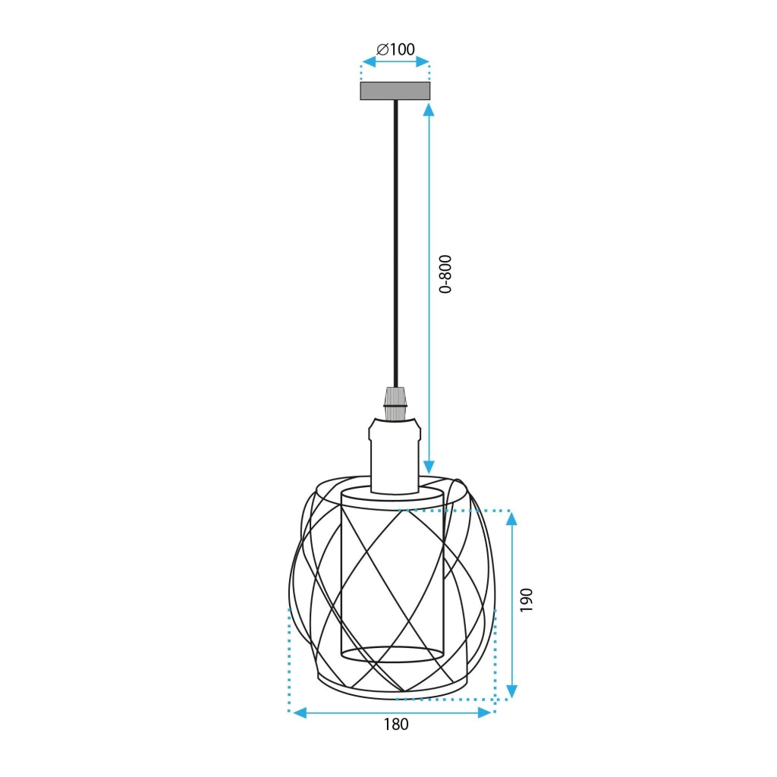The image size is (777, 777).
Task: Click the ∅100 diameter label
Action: coord(396,49)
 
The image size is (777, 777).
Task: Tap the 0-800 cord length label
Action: coord(446,274)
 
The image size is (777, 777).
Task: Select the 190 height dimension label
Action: coord(527,599)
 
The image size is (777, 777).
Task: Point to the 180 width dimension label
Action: coord(395,724)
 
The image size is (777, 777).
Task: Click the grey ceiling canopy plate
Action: coord(395,90)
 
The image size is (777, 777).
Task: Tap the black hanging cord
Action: coord(395,243)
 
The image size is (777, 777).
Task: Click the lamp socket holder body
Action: coord(395,455)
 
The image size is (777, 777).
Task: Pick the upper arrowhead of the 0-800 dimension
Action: coord(429,109)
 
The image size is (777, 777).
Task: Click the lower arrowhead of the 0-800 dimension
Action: coord(429,466)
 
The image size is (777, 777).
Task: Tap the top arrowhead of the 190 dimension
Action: coord(511,519)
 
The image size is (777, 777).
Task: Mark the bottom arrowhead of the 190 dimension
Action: coord(511,690)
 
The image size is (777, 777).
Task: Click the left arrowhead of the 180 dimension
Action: coord(300,713)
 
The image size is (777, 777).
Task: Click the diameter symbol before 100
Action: coord(382,49)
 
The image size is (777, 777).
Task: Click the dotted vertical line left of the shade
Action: coord(289,660)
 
